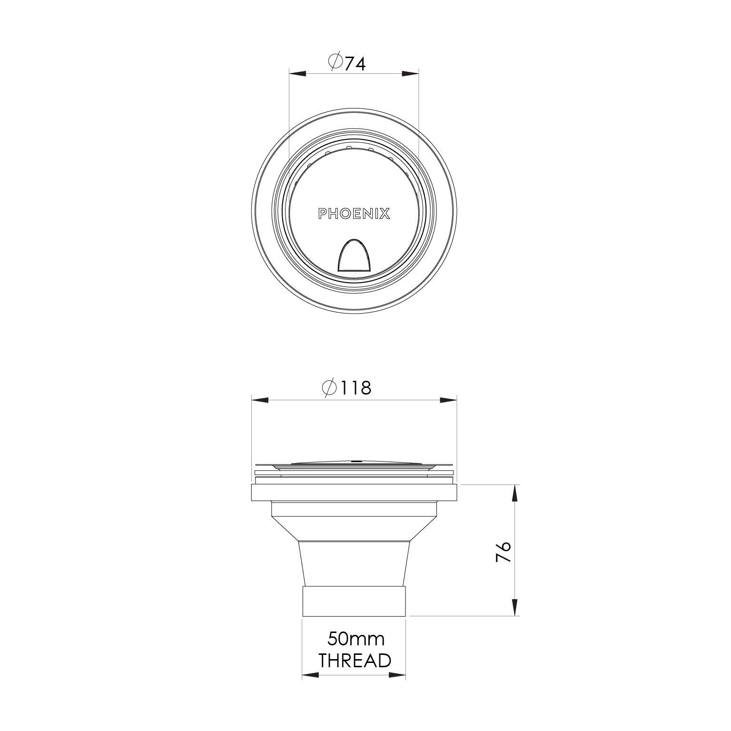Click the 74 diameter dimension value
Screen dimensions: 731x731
[355, 63]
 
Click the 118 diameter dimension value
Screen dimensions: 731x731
[355, 388]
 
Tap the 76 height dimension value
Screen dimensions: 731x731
[503, 552]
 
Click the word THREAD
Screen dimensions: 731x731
[355, 661]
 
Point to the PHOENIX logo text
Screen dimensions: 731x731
[354, 214]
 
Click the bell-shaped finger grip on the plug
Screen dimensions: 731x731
[355, 256]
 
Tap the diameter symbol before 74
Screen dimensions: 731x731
[335, 62]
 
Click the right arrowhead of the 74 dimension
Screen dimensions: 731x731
[410, 74]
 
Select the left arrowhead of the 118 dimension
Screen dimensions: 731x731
[260, 400]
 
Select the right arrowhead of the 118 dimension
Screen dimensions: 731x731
[448, 400]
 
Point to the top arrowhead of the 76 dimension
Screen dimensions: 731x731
[515, 493]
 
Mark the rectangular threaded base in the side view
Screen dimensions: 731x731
[354, 602]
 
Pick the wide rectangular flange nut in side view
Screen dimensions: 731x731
[354, 493]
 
